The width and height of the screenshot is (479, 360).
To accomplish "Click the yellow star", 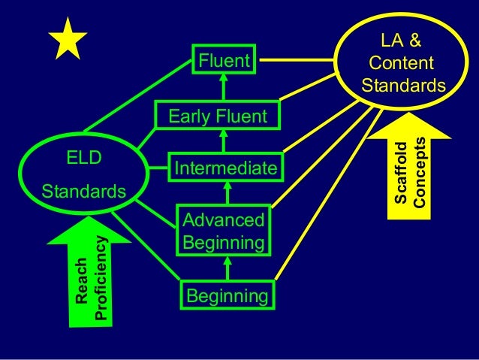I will point(68,39).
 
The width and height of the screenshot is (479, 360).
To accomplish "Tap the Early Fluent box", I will point(217,116).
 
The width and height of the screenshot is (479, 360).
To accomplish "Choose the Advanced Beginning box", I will point(223,231).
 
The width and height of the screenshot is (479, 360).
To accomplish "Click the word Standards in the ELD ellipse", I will point(83,192).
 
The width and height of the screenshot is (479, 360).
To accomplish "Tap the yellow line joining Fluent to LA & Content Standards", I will point(297,59).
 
